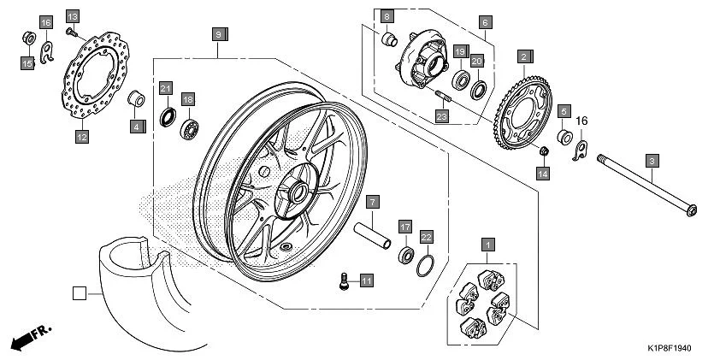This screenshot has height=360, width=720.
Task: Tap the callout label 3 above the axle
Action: [x=652, y=160]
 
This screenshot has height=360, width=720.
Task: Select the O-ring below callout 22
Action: [x=426, y=266]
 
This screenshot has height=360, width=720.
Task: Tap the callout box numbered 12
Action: [x=81, y=136]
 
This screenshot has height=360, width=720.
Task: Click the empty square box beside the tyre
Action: [x=79, y=292]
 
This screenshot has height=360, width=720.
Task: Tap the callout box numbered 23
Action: [x=442, y=115]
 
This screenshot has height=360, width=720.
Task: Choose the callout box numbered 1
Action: [x=487, y=245]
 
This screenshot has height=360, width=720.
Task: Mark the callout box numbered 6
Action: [x=485, y=22]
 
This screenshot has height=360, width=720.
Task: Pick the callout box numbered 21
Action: [x=166, y=87]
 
